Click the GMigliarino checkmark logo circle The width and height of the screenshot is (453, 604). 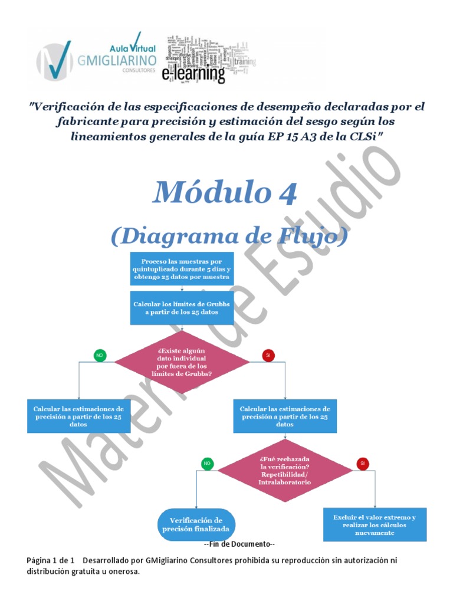pyautogui.click(x=54, y=60)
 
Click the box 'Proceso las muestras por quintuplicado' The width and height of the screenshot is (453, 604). pyautogui.click(x=182, y=269)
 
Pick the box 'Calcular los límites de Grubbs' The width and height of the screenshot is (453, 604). pyautogui.click(x=182, y=308)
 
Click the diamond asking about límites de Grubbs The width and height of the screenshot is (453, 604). pyautogui.click(x=182, y=362)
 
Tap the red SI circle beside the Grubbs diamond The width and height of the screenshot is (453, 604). pyautogui.click(x=268, y=355)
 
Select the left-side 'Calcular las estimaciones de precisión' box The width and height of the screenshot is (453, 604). pyautogui.click(x=78, y=416)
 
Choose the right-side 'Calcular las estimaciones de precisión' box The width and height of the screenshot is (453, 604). pyautogui.click(x=285, y=416)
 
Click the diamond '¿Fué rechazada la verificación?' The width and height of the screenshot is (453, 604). pyautogui.click(x=285, y=470)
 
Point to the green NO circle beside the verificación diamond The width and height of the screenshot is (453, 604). pyautogui.click(x=207, y=464)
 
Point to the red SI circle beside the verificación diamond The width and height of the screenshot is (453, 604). pyautogui.click(x=362, y=464)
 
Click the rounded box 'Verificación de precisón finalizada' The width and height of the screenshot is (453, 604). pyautogui.click(x=196, y=524)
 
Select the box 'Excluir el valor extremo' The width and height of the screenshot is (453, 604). pyautogui.click(x=375, y=524)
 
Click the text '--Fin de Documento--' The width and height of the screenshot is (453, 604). pyautogui.click(x=239, y=544)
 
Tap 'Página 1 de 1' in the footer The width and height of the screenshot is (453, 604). pyautogui.click(x=51, y=560)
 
